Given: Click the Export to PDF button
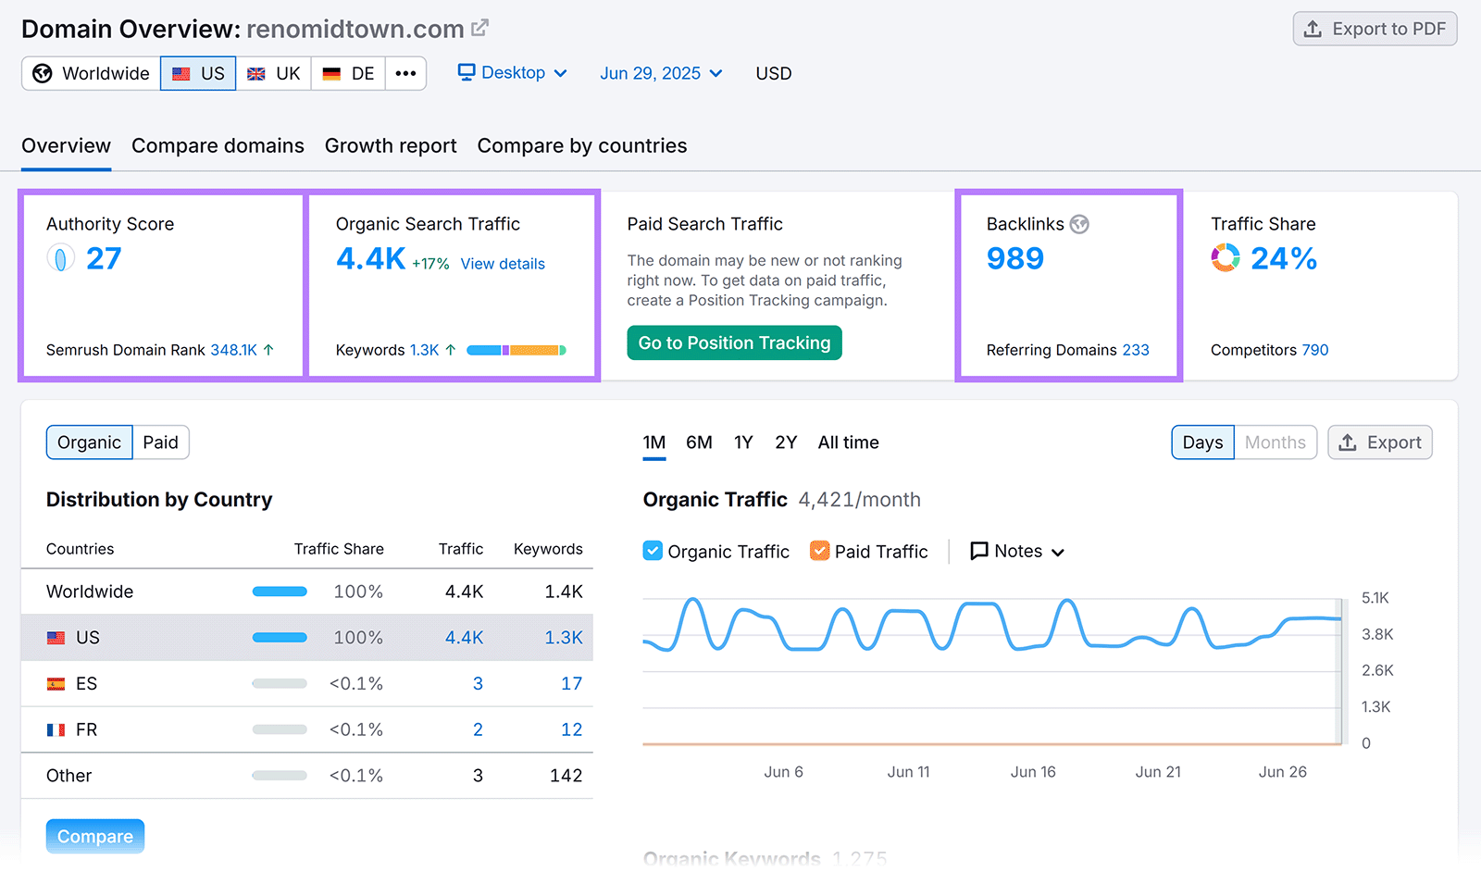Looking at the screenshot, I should pyautogui.click(x=1375, y=29).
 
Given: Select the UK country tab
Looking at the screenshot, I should pyautogui.click(x=274, y=73).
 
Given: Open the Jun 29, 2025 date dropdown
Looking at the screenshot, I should pyautogui.click(x=661, y=73).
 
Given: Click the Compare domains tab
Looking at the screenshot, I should pyautogui.click(x=218, y=145).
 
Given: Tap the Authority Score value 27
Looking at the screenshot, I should pyautogui.click(x=104, y=258).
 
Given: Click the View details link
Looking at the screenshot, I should pyautogui.click(x=503, y=264).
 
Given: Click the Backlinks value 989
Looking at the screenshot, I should pyautogui.click(x=1014, y=258).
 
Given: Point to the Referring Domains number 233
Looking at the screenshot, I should pyautogui.click(x=1136, y=350).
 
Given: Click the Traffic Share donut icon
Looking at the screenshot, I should pyautogui.click(x=1226, y=257).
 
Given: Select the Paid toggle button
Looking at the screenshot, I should pyautogui.click(x=160, y=442).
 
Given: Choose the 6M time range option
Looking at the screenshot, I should pyautogui.click(x=699, y=442).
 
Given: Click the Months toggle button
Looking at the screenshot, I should pyautogui.click(x=1275, y=442).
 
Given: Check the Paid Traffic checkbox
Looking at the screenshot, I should pyautogui.click(x=819, y=551).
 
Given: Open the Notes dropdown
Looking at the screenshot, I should pyautogui.click(x=1017, y=551).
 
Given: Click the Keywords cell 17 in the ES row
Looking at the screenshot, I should pyautogui.click(x=571, y=683).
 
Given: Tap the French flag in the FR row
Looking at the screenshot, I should pyautogui.click(x=56, y=729).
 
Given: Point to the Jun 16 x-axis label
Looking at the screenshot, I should pyautogui.click(x=1033, y=771).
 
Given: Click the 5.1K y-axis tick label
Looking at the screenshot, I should pyautogui.click(x=1375, y=598).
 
